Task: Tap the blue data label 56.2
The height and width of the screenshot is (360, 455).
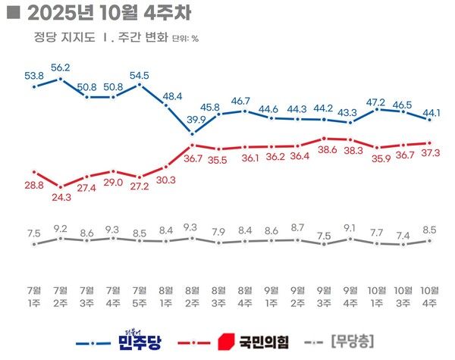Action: pos(61,67)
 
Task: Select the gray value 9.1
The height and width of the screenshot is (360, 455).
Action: pos(350,227)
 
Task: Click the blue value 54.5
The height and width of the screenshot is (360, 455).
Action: pos(140,75)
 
